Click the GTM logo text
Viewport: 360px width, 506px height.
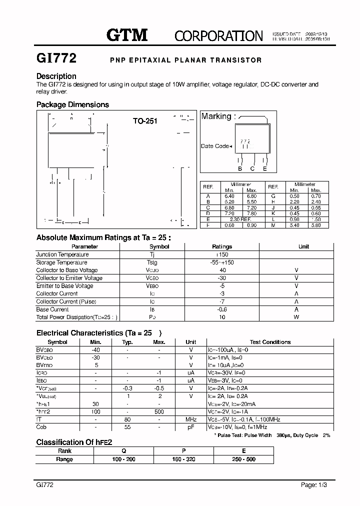(127, 35)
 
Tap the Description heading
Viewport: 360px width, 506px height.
(56, 76)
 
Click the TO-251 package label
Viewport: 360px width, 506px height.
(145, 121)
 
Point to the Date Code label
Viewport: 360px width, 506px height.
(215, 146)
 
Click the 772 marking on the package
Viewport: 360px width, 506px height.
(245, 142)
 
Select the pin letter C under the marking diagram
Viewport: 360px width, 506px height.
(252, 169)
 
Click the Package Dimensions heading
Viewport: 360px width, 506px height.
(72, 104)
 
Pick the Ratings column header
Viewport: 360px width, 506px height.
(222, 246)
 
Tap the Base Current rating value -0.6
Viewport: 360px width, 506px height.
(222, 309)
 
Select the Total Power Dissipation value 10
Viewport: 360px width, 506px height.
(222, 317)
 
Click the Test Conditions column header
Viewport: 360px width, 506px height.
(270, 342)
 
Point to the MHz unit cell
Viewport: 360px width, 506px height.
(191, 419)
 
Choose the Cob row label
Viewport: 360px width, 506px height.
(41, 427)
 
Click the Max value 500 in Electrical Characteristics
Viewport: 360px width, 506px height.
(159, 411)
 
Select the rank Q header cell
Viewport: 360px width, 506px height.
(123, 450)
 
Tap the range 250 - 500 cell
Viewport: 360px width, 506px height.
(243, 459)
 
